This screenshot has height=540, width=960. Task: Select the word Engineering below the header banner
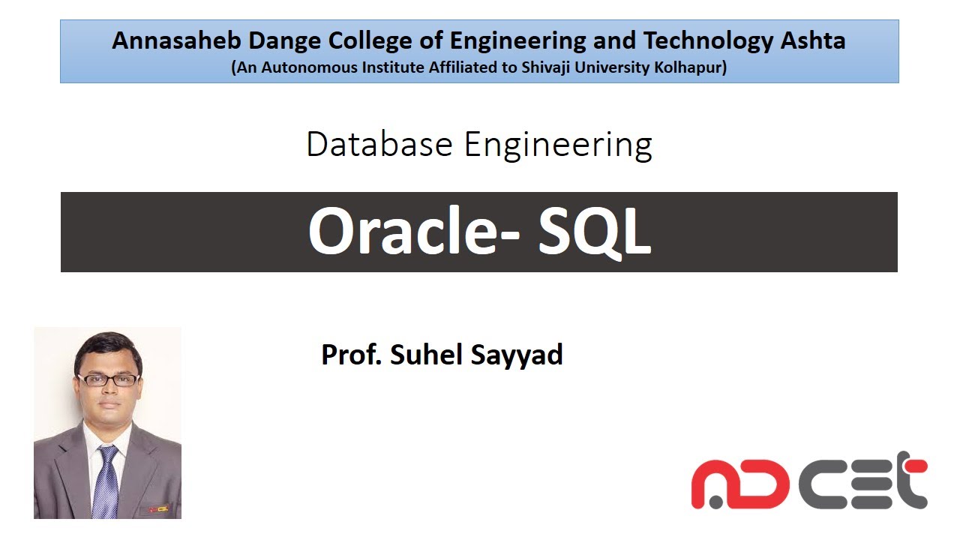click(x=558, y=145)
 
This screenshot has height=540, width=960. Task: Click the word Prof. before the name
click(x=352, y=355)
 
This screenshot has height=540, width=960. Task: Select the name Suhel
click(x=426, y=354)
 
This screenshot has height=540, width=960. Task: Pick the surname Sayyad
click(x=517, y=355)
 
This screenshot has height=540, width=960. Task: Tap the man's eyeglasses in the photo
click(x=108, y=379)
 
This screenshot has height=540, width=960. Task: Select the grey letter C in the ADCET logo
click(x=821, y=484)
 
